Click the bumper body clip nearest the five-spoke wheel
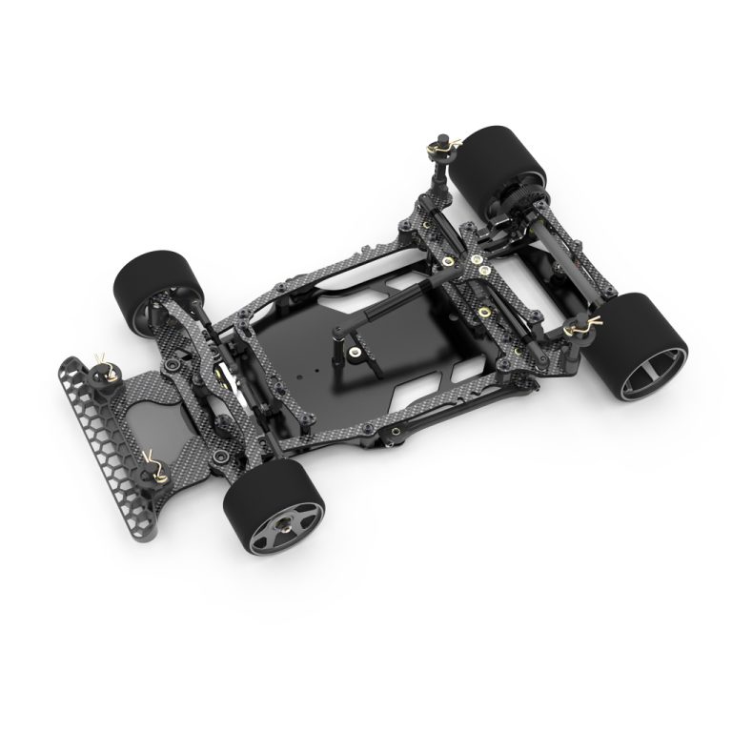tap(154, 464)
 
